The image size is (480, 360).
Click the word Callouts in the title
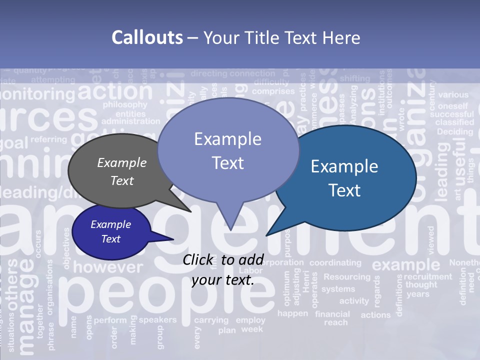point(147,37)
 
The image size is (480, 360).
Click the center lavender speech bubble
point(228,150)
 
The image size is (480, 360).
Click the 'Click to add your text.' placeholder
point(223,270)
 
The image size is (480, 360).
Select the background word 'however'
point(108,267)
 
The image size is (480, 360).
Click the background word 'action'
point(115,91)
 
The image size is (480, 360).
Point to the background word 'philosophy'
point(125,105)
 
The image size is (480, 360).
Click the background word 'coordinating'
point(335,262)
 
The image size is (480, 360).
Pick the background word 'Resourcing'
point(347,276)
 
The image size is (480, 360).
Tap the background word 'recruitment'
point(427,276)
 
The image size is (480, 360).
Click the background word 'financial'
point(332,314)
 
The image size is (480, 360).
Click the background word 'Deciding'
point(454,131)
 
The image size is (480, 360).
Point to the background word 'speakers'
point(157,319)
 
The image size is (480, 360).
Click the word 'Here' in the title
point(342,37)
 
